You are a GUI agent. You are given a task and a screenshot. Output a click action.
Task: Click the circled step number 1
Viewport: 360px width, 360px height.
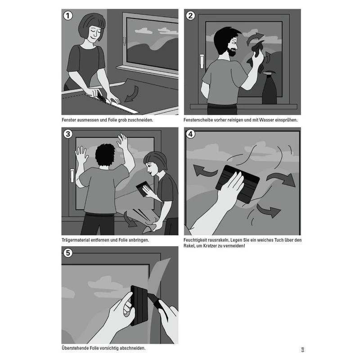tap(68, 16)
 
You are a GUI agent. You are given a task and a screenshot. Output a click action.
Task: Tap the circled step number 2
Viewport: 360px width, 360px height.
tap(190, 16)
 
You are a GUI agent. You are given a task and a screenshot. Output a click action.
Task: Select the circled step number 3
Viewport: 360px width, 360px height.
tap(68, 134)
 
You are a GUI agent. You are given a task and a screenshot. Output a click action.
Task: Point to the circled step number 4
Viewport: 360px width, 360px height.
tap(190, 134)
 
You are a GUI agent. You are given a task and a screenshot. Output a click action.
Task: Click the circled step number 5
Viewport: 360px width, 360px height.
tap(68, 253)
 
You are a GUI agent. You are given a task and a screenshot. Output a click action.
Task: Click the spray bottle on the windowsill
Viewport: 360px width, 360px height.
tap(269, 88)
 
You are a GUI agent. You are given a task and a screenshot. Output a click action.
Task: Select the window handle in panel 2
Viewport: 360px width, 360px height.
tap(202, 61)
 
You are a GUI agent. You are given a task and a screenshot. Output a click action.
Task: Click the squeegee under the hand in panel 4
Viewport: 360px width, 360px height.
tap(238, 184)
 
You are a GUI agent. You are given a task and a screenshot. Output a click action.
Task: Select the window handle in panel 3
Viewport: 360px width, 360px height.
tap(72, 175)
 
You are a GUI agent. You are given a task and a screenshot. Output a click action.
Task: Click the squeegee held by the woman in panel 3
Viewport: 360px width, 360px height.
tap(143, 189)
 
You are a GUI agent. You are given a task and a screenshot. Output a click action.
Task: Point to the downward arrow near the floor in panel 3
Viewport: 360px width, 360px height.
tap(130, 220)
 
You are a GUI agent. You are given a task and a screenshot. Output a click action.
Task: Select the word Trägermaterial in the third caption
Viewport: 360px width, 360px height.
tap(76, 240)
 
